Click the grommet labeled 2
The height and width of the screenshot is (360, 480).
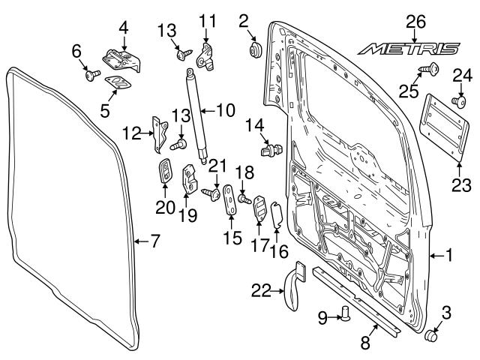[253, 50]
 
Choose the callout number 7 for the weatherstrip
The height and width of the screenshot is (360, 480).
[154, 241]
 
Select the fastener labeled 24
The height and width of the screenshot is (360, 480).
[457, 99]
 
